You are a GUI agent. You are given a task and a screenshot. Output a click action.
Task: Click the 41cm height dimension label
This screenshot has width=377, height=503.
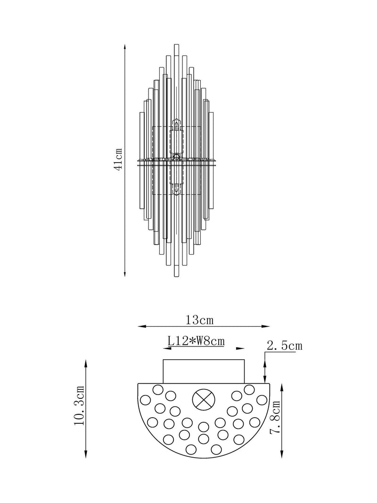coord(118,159)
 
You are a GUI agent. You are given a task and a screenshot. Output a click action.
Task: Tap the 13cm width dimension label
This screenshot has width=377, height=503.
coord(199,320)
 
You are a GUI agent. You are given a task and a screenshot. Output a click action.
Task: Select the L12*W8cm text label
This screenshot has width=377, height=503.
coord(196,341)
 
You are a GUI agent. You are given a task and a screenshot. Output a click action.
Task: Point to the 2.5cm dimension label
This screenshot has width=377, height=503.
coord(284,346)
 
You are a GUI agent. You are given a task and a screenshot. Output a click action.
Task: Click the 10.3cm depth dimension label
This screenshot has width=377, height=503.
coord(79,405)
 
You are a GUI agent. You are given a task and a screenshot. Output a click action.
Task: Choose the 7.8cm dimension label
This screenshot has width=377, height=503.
coord(275,417)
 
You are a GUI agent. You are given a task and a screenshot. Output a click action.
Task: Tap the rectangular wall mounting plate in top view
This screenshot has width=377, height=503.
coord(204,371)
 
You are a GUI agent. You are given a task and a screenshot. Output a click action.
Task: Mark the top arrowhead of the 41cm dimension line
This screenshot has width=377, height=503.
coord(125,46)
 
